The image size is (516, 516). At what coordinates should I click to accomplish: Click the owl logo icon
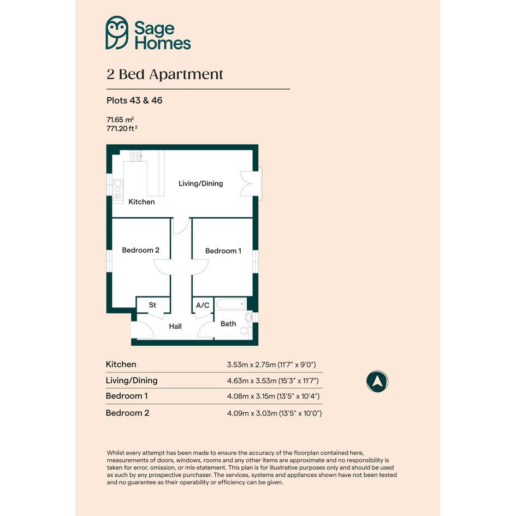click(x=117, y=33)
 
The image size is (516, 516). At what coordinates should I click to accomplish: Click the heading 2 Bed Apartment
click(x=165, y=74)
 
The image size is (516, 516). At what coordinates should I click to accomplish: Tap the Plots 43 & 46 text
click(x=134, y=100)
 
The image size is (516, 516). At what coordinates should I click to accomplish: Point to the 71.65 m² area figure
click(x=120, y=120)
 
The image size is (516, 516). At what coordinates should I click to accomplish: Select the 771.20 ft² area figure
click(x=122, y=128)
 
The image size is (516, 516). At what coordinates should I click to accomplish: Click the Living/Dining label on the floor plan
click(x=201, y=183)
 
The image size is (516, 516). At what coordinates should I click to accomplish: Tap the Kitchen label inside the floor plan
click(x=141, y=201)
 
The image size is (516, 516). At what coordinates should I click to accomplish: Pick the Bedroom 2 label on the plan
click(x=140, y=250)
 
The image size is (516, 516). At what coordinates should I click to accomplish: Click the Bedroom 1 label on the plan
click(x=223, y=251)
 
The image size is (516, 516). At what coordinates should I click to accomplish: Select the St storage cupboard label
click(x=152, y=305)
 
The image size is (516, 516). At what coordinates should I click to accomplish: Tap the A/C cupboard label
click(x=203, y=305)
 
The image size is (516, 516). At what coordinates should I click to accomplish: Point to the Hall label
click(x=175, y=327)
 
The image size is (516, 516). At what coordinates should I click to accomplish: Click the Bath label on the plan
click(x=228, y=324)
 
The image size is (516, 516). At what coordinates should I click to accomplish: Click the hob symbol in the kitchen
click(x=135, y=156)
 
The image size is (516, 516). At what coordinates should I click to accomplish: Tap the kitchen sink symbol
click(x=118, y=189)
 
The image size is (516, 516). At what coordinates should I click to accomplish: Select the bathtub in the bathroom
click(x=231, y=304)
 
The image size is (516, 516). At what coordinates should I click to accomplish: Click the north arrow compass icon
click(x=377, y=382)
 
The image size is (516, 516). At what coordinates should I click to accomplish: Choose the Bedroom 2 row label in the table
click(x=127, y=413)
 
